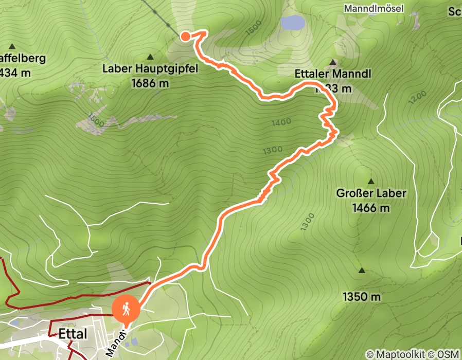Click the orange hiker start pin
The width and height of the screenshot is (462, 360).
pos(126,310)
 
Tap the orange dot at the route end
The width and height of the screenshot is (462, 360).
pos(185,36)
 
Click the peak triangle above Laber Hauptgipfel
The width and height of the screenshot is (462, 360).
pos(150,57)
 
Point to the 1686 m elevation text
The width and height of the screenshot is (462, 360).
pos(150,82)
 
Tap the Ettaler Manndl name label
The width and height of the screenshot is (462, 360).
pos(333,74)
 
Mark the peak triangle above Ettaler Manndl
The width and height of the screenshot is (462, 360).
pos(332,62)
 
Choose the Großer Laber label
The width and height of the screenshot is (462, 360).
pos(371,193)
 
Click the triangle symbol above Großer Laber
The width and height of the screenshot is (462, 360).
pos(370,182)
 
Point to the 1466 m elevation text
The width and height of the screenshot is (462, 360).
pos(371,208)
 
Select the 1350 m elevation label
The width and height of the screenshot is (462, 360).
pos(362,297)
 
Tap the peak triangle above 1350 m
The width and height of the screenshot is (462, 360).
pos(362,271)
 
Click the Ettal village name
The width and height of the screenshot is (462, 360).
pos(73,334)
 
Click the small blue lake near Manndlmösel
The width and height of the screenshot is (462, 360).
pos(292,22)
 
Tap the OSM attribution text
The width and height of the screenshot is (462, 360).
pos(449,354)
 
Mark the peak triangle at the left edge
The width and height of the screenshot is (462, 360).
pos(12,46)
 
